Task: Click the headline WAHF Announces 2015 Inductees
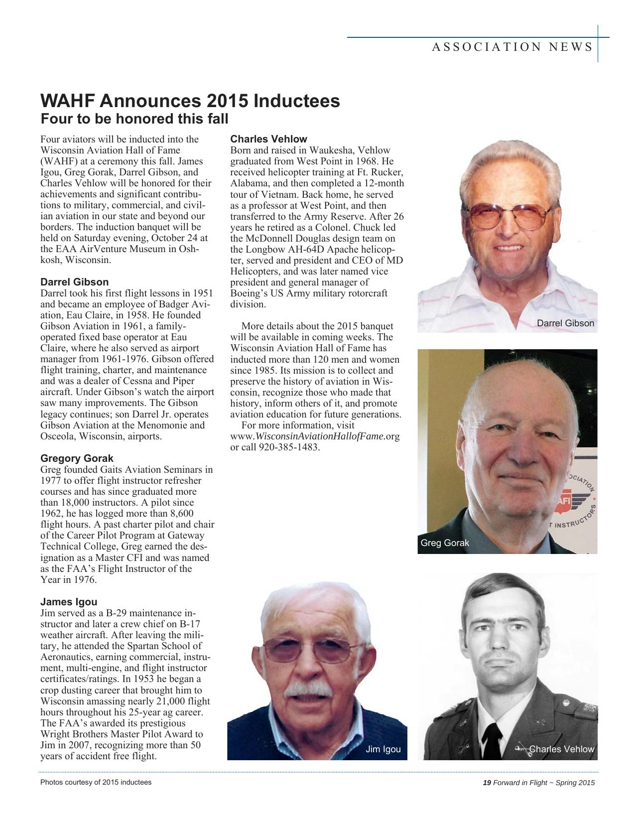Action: pyautogui.click(x=190, y=101)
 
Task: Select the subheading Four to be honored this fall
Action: pyautogui.click(x=134, y=120)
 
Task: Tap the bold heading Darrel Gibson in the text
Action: pyautogui.click(x=74, y=282)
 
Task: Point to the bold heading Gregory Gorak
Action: pyautogui.click(x=77, y=458)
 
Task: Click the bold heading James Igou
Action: pyautogui.click(x=69, y=602)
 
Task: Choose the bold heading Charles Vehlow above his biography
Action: pyautogui.click(x=268, y=139)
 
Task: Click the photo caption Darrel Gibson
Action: pyautogui.click(x=565, y=323)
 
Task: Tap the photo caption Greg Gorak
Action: pyautogui.click(x=445, y=543)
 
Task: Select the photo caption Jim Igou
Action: pyautogui.click(x=383, y=749)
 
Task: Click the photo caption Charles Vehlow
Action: pyautogui.click(x=561, y=749)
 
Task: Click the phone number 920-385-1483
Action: pyautogui.click(x=289, y=447)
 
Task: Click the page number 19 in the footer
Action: pyautogui.click(x=487, y=783)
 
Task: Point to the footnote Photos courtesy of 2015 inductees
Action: pyautogui.click(x=96, y=782)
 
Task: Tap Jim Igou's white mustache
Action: pyautogui.click(x=310, y=690)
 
